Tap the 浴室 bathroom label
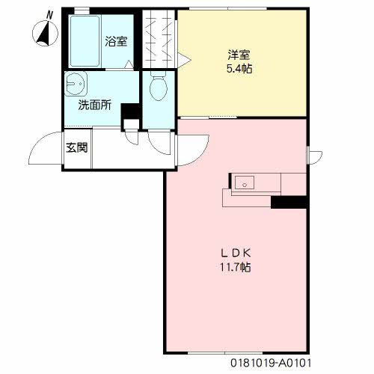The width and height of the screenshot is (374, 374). click(x=116, y=41)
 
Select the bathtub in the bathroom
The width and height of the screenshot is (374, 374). click(x=85, y=41)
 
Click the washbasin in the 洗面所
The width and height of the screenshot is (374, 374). click(x=76, y=84)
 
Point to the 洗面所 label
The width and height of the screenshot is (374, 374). click(x=95, y=105)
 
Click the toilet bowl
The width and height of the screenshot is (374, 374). click(x=159, y=86)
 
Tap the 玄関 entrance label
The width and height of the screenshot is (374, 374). click(x=77, y=148)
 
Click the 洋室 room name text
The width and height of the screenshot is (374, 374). click(x=239, y=55)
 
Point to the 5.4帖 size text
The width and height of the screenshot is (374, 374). click(x=239, y=68)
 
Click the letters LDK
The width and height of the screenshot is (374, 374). click(x=236, y=254)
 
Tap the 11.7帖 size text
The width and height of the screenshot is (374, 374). click(x=235, y=267)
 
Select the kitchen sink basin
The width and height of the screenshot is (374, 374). click(x=245, y=183)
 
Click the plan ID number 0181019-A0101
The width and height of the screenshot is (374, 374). click(x=271, y=363)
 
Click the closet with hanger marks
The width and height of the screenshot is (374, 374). click(x=159, y=39)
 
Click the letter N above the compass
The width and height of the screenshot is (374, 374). click(x=50, y=16)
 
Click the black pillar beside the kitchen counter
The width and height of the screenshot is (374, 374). click(x=289, y=202)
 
